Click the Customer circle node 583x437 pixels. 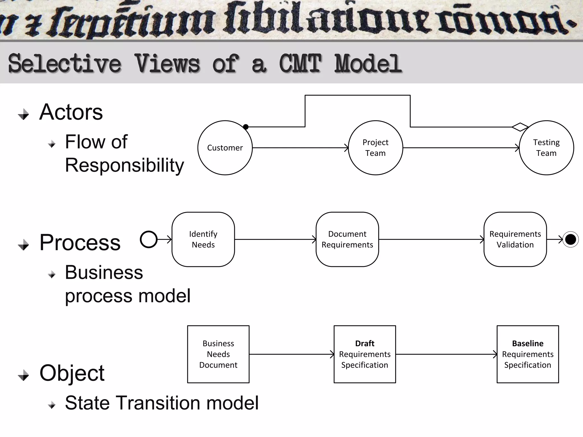pyautogui.click(x=225, y=148)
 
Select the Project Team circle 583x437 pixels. pyautogui.click(x=375, y=148)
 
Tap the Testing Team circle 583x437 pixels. pyautogui.click(x=546, y=148)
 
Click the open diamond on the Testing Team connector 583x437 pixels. pyautogui.click(x=520, y=127)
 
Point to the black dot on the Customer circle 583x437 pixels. pyautogui.click(x=246, y=127)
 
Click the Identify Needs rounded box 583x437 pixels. pyautogui.click(x=203, y=239)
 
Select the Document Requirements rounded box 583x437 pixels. pyautogui.click(x=347, y=239)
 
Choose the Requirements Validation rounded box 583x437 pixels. pyautogui.click(x=515, y=239)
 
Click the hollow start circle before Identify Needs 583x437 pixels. pyautogui.click(x=149, y=239)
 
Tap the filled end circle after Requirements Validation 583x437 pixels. pyautogui.click(x=570, y=240)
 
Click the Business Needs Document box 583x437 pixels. pyautogui.click(x=218, y=354)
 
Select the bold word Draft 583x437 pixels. pyautogui.click(x=365, y=343)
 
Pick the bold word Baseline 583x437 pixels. pyautogui.click(x=527, y=343)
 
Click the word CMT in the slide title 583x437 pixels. pyautogui.click(x=300, y=64)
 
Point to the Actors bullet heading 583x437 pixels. pyautogui.click(x=71, y=112)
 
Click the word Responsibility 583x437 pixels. pyautogui.click(x=124, y=165)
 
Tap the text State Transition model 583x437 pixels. pyautogui.click(x=162, y=403)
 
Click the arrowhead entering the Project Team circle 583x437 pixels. pyautogui.click(x=346, y=148)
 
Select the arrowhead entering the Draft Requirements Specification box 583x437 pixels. pyautogui.click(x=332, y=354)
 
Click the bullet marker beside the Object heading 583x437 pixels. pyautogui.click(x=24, y=375)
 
